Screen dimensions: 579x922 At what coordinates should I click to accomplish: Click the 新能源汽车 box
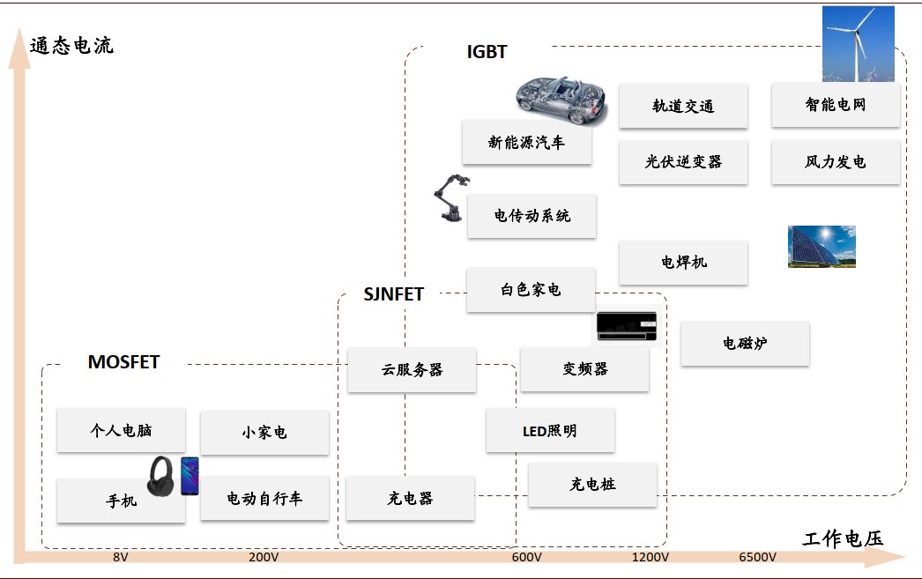[x=526, y=142]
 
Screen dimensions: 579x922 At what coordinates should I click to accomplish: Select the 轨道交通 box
[x=683, y=106]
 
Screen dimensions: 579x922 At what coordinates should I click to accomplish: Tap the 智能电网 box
[x=836, y=105]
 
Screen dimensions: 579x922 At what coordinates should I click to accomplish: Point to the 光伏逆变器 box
[x=683, y=162]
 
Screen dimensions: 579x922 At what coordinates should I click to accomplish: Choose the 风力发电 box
[x=836, y=162]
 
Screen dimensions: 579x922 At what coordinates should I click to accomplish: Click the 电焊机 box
[x=683, y=263]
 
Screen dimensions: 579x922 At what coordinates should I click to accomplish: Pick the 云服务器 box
[x=412, y=370]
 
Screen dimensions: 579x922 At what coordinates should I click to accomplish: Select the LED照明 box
[x=550, y=431]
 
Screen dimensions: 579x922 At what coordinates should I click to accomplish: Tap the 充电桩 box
[x=592, y=485]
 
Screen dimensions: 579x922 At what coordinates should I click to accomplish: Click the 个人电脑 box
[x=121, y=431]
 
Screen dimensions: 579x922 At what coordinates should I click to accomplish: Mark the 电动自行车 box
[x=264, y=499]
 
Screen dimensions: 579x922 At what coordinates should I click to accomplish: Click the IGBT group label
[x=487, y=52]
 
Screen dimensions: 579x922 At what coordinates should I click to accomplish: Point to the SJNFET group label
[x=394, y=294]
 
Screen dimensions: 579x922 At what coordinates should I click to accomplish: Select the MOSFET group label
[x=123, y=362]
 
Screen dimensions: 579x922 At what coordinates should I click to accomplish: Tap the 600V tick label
[x=526, y=558]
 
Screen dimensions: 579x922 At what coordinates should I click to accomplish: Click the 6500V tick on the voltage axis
[x=757, y=558]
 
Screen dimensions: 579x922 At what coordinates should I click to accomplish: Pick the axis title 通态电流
[x=71, y=46]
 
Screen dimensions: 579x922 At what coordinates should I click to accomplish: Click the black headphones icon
[x=162, y=476]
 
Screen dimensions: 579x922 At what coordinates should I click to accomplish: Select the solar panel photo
[x=822, y=247]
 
